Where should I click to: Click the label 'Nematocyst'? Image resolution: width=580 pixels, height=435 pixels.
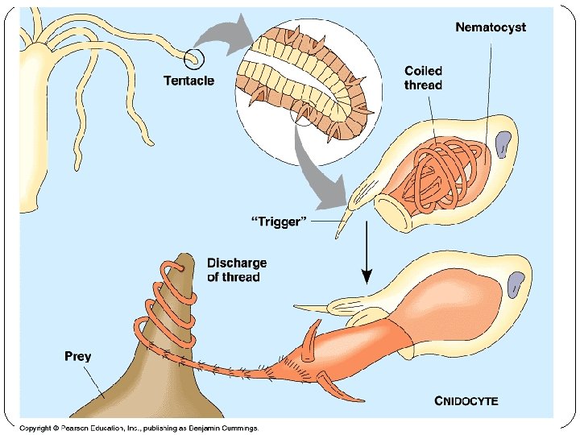pyautogui.click(x=491, y=27)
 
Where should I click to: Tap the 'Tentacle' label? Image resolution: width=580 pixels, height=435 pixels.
pyautogui.click(x=188, y=81)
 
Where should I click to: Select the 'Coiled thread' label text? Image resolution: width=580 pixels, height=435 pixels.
pyautogui.click(x=423, y=77)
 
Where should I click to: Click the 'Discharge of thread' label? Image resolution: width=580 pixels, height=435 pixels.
pyautogui.click(x=237, y=270)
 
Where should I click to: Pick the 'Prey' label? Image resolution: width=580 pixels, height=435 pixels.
pyautogui.click(x=78, y=355)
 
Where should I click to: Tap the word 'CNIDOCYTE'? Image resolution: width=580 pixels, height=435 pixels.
pyautogui.click(x=466, y=400)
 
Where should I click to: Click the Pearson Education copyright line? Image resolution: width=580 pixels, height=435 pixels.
pyautogui.click(x=139, y=428)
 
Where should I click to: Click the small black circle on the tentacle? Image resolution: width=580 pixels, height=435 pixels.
pyautogui.click(x=194, y=58)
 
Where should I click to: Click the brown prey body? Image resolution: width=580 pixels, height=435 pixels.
pyautogui.click(x=137, y=379)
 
